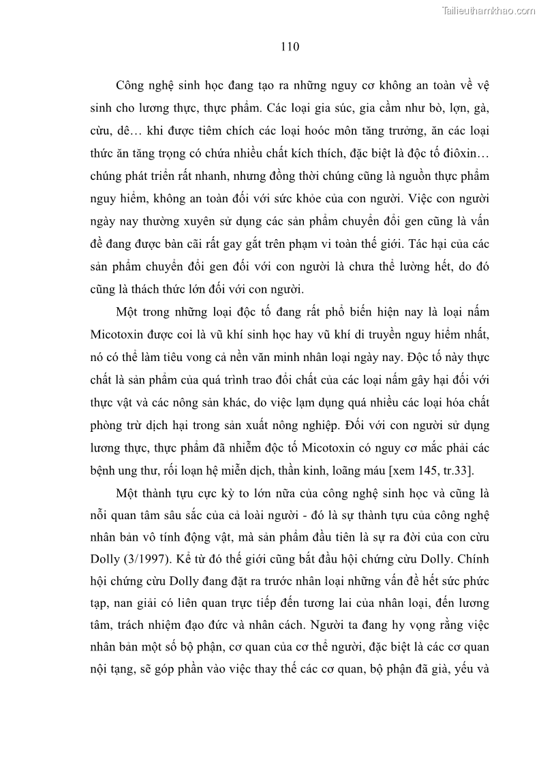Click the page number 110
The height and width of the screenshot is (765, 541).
(290, 47)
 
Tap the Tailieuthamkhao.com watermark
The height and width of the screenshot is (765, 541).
(489, 11)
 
